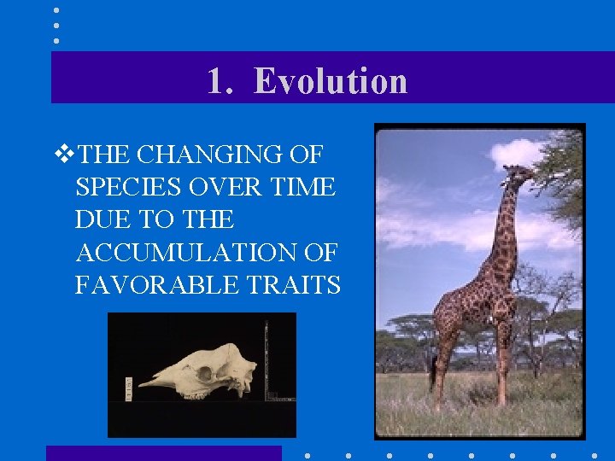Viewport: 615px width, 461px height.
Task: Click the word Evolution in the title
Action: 331,81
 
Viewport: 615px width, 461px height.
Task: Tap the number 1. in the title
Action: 222,81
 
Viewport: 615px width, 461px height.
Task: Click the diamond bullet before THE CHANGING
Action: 61,155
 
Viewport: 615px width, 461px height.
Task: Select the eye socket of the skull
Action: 206,373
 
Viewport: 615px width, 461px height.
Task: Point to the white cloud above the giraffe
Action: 517,154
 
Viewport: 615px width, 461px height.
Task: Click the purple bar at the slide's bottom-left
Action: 163,453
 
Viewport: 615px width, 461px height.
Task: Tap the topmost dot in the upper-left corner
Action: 56,10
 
